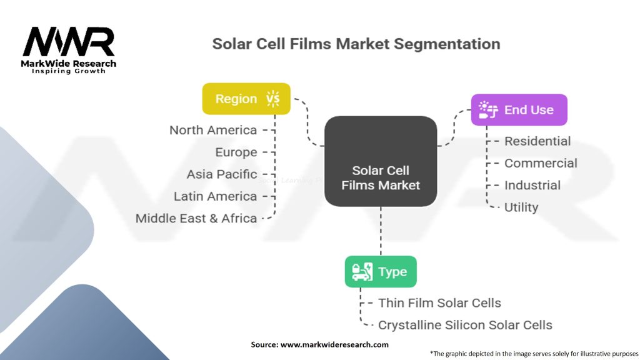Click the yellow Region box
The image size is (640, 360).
[246, 99]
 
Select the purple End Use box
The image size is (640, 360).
[519, 110]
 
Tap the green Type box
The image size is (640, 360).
[381, 271]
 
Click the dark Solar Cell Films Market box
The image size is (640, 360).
[381, 161]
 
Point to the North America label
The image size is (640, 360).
[213, 130]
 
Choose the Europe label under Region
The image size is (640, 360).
[236, 152]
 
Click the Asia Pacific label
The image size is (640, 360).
[222, 174]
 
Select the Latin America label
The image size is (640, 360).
[215, 196]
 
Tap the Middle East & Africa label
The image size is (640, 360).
[196, 218]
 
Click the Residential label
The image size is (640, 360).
[537, 141]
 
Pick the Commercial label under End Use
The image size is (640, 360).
[541, 163]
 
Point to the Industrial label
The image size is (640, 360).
[532, 185]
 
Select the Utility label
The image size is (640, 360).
[521, 207]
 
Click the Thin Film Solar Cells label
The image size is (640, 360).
[439, 303]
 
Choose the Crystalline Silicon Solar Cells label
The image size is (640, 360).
[465, 325]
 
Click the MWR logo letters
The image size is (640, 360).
[69, 42]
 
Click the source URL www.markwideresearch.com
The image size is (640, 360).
[334, 344]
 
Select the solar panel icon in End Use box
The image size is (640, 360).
[488, 110]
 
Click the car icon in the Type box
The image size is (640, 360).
[362, 272]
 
